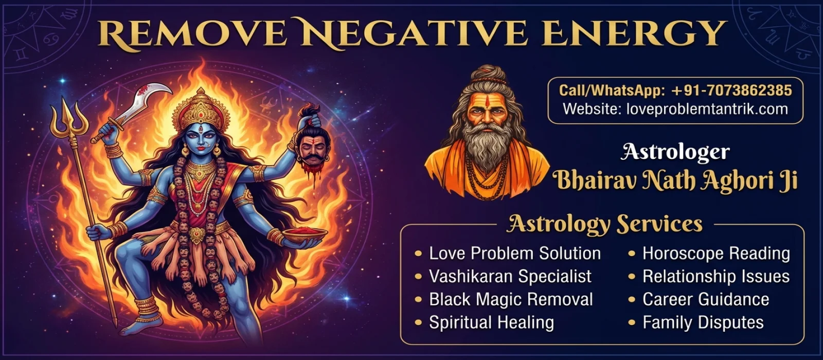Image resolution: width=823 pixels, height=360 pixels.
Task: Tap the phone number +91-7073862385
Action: point(731,91)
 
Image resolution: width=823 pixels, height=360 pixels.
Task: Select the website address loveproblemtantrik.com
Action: point(707,109)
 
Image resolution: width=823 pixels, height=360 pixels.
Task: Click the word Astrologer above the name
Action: point(675,152)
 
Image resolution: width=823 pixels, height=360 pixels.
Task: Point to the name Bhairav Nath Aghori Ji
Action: point(675,181)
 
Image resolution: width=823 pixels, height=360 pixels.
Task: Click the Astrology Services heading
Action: point(604,224)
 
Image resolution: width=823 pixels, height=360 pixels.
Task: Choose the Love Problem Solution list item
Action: point(515,254)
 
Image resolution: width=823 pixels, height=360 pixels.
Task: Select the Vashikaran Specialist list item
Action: point(510,276)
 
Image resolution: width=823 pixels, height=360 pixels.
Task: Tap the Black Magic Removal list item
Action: point(511,299)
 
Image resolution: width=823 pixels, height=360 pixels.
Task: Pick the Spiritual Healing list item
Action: point(492,322)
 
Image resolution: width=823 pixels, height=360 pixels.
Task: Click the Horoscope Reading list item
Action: point(716,254)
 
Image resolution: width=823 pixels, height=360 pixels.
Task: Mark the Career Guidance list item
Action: point(706,299)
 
